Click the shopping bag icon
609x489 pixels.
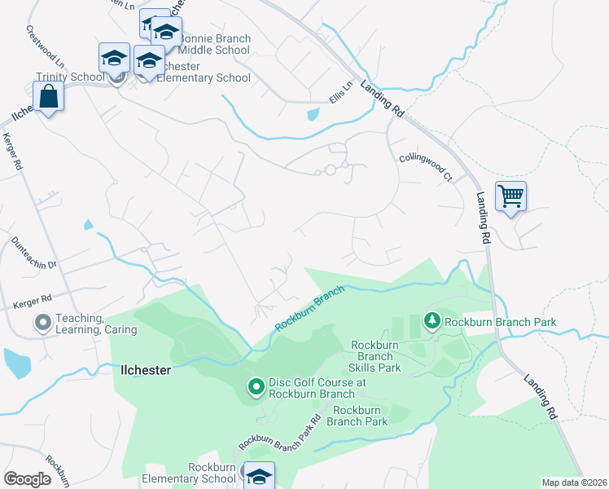point(49,96)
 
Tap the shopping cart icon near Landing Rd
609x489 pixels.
point(510,196)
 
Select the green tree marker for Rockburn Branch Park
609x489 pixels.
point(432,322)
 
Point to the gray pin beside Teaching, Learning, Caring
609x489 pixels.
point(42,324)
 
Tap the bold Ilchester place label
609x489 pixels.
point(146,369)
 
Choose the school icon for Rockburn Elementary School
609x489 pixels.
point(259,476)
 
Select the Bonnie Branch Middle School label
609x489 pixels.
point(214,45)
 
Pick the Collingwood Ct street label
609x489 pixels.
point(425,165)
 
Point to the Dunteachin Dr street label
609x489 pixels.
point(34,253)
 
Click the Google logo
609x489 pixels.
point(28,478)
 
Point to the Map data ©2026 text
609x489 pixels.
point(573,482)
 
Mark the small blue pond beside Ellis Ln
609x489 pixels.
point(313,115)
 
